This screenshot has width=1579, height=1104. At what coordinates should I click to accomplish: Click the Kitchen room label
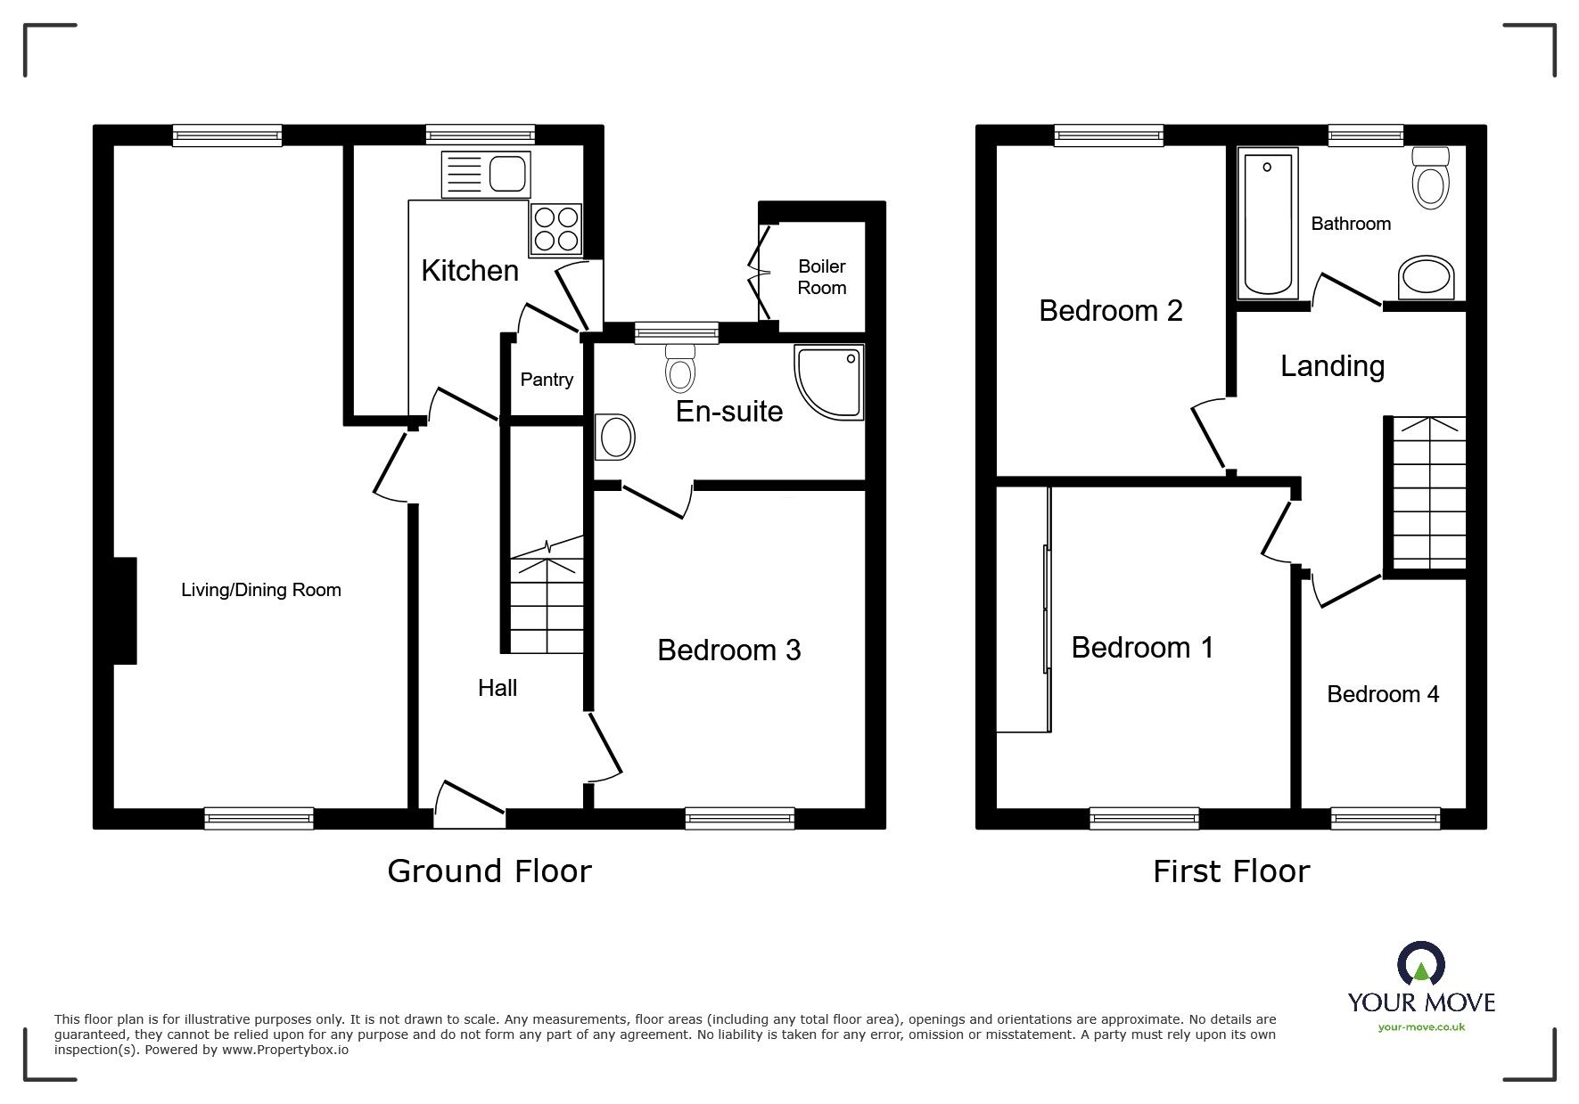point(470,271)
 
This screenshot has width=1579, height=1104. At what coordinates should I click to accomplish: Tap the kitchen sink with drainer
point(486,174)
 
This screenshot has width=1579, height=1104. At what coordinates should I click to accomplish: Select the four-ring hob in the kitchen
point(555,229)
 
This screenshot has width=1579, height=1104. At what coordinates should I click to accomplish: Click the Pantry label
point(547,380)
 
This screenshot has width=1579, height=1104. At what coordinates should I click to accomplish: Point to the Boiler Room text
point(821,277)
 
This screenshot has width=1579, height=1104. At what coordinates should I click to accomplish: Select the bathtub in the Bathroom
point(1267,223)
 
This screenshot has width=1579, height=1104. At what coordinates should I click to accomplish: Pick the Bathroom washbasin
point(1427,278)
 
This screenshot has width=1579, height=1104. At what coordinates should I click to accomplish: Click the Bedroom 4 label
point(1382,694)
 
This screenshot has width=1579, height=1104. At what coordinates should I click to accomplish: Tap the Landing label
point(1332,366)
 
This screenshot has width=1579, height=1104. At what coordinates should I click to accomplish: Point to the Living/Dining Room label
point(260,590)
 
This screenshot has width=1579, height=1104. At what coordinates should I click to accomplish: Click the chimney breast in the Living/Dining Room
point(125,611)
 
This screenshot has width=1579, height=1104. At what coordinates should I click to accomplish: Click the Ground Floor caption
point(489,871)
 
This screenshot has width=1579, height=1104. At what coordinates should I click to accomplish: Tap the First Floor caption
point(1230,871)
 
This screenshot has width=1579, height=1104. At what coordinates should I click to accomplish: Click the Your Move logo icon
point(1420,965)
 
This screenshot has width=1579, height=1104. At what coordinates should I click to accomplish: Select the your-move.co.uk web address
point(1421,1027)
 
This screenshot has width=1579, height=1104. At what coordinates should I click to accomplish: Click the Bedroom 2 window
point(1108,135)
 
